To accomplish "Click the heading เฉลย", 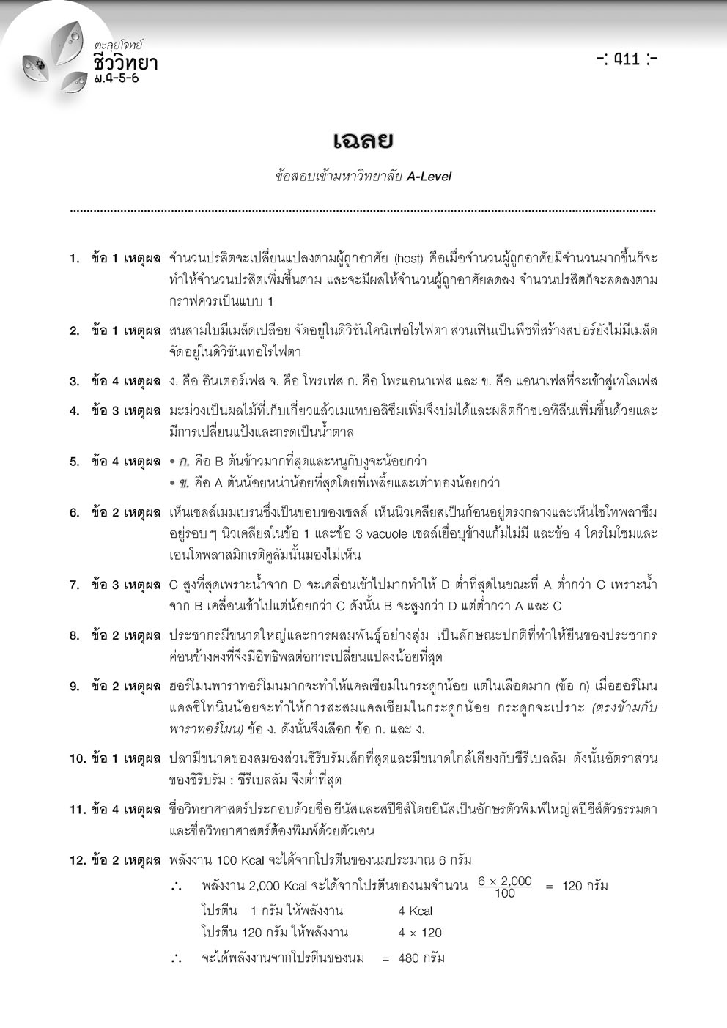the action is coord(363,139).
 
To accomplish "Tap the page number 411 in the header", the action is coord(627,59).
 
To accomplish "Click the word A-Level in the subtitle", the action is coord(429,176).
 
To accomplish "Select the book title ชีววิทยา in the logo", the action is coord(125,63).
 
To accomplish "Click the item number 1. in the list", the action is coord(75,258).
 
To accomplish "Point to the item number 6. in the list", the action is coord(75,512).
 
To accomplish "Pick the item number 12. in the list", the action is coord(78,860).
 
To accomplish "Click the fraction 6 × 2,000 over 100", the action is coord(505,887).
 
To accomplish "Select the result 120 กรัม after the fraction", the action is coord(585,886).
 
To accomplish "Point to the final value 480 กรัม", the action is coord(421,958).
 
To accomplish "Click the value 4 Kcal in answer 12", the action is coord(415,911).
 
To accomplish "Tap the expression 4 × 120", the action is coord(420,933).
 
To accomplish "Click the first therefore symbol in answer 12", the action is coord(176,887).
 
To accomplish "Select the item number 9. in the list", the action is coord(75,687).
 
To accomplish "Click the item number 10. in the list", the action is coord(78,758).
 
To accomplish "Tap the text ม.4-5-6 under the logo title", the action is coord(116,78).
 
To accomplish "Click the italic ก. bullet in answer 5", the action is coord(185,462).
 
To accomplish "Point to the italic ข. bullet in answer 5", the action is coord(185,483).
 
